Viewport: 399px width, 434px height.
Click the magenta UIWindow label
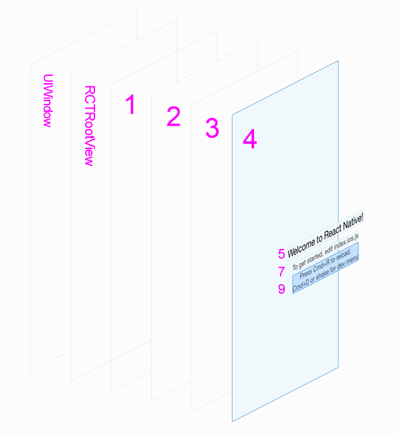click(x=47, y=100)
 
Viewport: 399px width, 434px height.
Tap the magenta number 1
click(x=130, y=105)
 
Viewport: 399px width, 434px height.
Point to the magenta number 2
click(x=173, y=117)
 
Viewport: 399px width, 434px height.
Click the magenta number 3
click(x=211, y=128)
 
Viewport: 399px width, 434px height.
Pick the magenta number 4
click(x=249, y=140)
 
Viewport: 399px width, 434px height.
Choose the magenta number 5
click(x=281, y=254)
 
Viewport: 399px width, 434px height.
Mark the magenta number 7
click(x=281, y=272)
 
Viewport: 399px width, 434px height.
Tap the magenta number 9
click(x=281, y=289)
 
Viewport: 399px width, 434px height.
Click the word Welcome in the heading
click(x=301, y=246)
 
